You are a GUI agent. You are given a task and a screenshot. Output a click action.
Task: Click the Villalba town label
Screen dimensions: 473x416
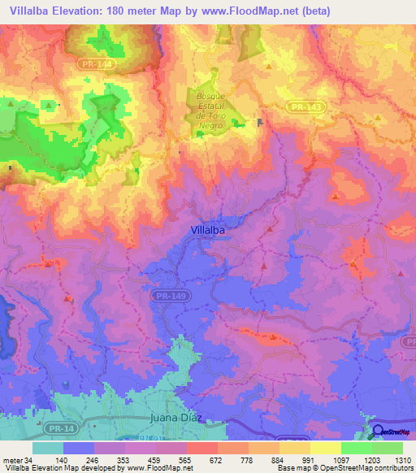(x=207, y=230)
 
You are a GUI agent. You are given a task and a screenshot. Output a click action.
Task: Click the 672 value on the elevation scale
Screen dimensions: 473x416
(x=201, y=459)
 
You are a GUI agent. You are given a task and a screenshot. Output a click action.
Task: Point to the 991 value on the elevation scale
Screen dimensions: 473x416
(x=297, y=459)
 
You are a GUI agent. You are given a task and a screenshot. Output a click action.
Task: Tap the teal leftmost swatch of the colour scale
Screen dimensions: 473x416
(x=47, y=448)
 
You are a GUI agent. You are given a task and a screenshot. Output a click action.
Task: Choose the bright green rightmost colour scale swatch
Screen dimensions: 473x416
(x=388, y=448)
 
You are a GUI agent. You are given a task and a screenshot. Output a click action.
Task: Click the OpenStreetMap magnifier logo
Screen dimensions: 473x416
(x=377, y=432)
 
